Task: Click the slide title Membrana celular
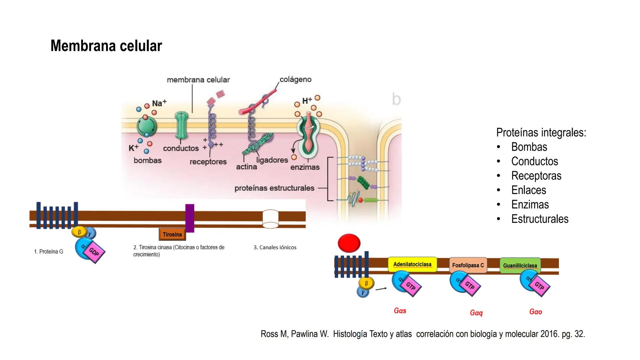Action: click(x=106, y=46)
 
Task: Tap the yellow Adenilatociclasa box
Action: click(x=412, y=264)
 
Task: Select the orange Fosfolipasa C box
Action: click(x=468, y=265)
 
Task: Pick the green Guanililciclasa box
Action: click(x=520, y=266)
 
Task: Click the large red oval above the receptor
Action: click(x=349, y=243)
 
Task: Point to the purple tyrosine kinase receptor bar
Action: click(x=190, y=218)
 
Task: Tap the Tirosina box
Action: click(x=172, y=234)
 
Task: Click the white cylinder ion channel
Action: click(x=270, y=219)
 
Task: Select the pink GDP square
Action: click(x=94, y=252)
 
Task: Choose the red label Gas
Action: click(x=400, y=311)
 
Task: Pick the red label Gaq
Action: click(x=476, y=313)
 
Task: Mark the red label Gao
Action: click(x=536, y=312)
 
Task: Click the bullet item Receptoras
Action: click(x=536, y=176)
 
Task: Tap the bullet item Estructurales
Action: click(x=540, y=219)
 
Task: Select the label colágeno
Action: click(x=295, y=79)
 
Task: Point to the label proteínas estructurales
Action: click(x=274, y=188)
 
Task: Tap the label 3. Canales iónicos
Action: click(x=275, y=247)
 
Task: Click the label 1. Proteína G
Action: click(x=49, y=252)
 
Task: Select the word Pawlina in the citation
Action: click(x=310, y=334)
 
